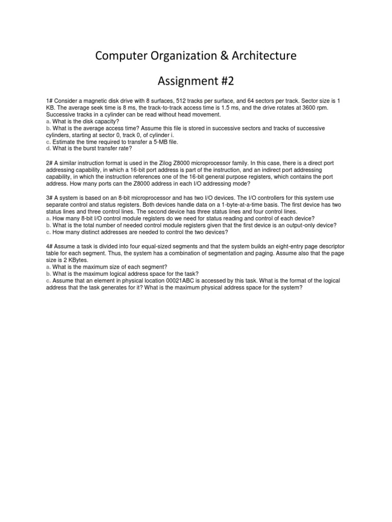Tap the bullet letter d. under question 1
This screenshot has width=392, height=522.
pos(48,149)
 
